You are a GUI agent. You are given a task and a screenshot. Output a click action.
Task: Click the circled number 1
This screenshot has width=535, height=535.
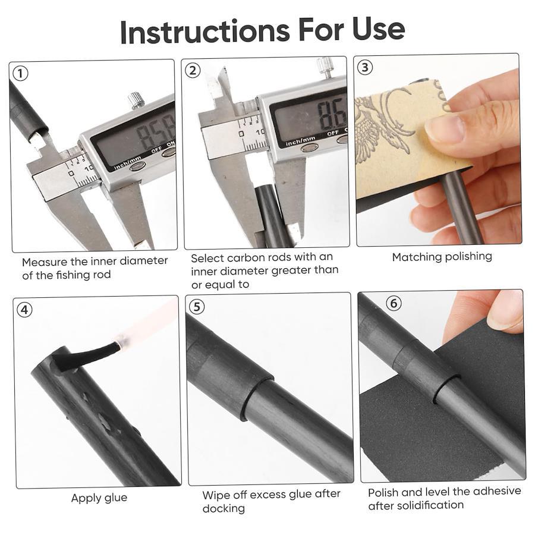[20, 74]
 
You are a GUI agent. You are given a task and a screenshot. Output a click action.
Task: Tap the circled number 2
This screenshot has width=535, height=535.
[193, 71]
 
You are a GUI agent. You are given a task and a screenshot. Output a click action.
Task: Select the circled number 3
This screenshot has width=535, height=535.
[365, 67]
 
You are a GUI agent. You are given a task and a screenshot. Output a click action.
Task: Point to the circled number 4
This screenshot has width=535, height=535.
[24, 310]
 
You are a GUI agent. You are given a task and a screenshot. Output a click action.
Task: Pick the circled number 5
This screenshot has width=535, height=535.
[197, 307]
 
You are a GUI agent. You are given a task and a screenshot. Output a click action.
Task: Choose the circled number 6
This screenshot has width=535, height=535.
[394, 303]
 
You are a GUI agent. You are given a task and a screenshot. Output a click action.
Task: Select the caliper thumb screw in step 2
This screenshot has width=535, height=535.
[325, 67]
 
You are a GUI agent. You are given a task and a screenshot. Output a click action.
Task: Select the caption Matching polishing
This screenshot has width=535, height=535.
[442, 257]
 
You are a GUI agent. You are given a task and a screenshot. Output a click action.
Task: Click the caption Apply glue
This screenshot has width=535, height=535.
[99, 498]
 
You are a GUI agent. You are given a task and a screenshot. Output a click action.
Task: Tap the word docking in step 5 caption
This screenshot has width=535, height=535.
[224, 508]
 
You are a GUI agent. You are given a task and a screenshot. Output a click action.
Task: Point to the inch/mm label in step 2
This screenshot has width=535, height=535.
[300, 140]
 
